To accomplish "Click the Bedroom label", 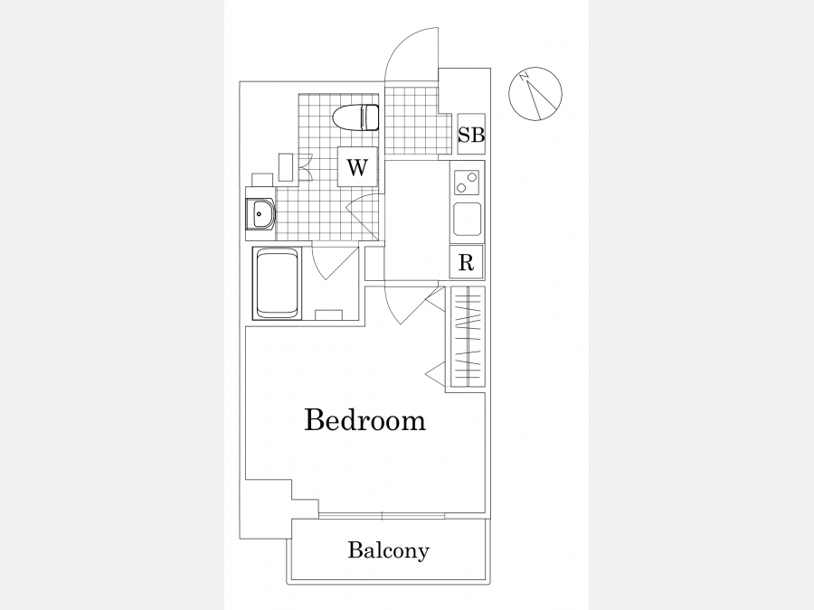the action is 364,420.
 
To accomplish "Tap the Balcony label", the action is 388,550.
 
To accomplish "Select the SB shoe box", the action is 471,134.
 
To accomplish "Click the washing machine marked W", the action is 356,166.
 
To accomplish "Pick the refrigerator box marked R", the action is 466,262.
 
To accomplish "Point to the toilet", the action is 355,117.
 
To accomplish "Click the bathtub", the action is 277,283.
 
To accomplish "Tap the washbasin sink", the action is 260,213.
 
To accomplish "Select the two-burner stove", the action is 466,182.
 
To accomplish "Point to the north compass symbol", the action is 535,93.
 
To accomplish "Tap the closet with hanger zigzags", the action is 468,337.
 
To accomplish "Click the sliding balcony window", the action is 382,516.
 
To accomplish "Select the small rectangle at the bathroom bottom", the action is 328,314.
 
